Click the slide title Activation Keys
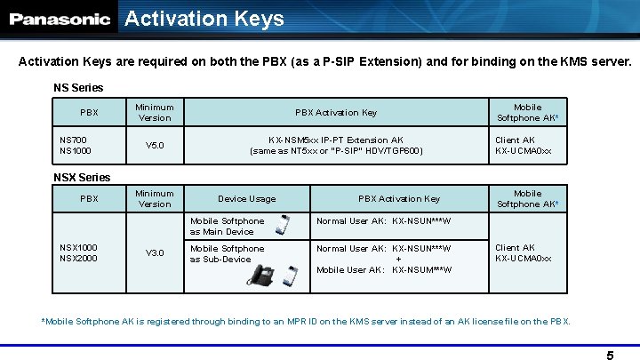204,19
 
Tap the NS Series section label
78,87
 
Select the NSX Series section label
82,178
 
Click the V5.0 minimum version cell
155,146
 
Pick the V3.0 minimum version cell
155,253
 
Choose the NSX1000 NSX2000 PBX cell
79,253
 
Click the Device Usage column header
246,199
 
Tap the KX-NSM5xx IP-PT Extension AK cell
336,146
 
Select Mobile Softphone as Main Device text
227,226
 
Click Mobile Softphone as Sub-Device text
227,253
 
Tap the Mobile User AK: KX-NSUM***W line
384,269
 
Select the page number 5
610,356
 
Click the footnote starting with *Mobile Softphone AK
306,321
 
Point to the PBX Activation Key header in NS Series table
336,113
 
